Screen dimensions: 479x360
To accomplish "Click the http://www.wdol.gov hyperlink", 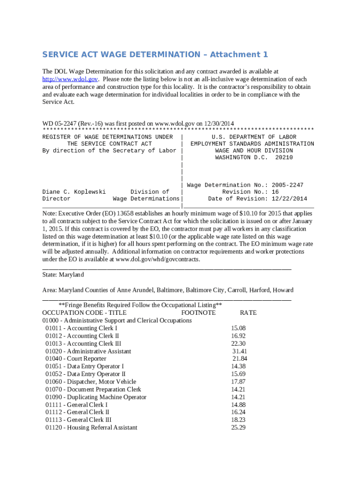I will (x=70, y=79).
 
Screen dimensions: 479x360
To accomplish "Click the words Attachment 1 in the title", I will (x=239, y=55).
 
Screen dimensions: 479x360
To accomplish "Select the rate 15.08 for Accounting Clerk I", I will (x=238, y=328).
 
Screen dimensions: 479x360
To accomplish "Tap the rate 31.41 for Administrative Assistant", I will (x=239, y=351).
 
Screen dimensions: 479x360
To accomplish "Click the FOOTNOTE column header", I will (x=198, y=312).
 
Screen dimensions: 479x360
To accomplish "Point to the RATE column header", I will (x=248, y=312).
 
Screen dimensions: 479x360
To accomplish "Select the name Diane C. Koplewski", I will (x=74, y=192).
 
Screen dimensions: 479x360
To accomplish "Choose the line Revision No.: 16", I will (x=250, y=192).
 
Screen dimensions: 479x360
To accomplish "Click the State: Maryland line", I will (x=63, y=275).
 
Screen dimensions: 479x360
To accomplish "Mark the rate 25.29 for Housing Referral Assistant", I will (x=238, y=428).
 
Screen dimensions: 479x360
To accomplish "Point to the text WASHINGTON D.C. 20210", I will (x=254, y=158).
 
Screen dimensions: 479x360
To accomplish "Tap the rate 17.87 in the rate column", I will (x=238, y=382).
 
